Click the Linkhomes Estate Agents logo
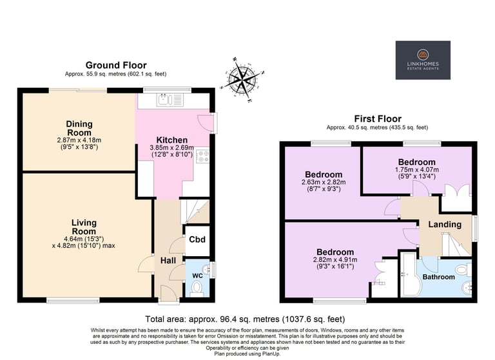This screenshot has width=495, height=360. tap(423, 60)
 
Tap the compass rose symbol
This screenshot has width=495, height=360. tap(242, 79)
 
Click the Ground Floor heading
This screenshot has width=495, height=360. tap(116, 65)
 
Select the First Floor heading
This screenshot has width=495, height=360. tap(378, 119)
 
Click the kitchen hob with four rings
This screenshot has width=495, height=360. tap(202, 157)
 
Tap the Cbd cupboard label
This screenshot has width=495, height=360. tap(197, 239)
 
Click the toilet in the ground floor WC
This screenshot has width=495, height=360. tap(197, 288)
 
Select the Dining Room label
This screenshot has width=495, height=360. tap(79, 128)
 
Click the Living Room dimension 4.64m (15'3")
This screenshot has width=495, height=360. tap(84, 239)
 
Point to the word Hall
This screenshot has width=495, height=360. tap(168, 261)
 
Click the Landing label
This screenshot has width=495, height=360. tap(445, 225)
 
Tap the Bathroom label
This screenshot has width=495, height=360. tap(438, 277)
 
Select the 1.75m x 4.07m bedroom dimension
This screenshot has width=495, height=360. tap(417, 170)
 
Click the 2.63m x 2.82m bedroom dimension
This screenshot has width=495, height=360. tap(324, 183)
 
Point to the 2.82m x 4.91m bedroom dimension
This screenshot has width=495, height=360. tap(335, 260)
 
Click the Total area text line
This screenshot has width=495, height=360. tap(245, 319)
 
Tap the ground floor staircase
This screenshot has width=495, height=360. tap(195, 212)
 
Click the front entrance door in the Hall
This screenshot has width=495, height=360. tap(169, 294)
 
